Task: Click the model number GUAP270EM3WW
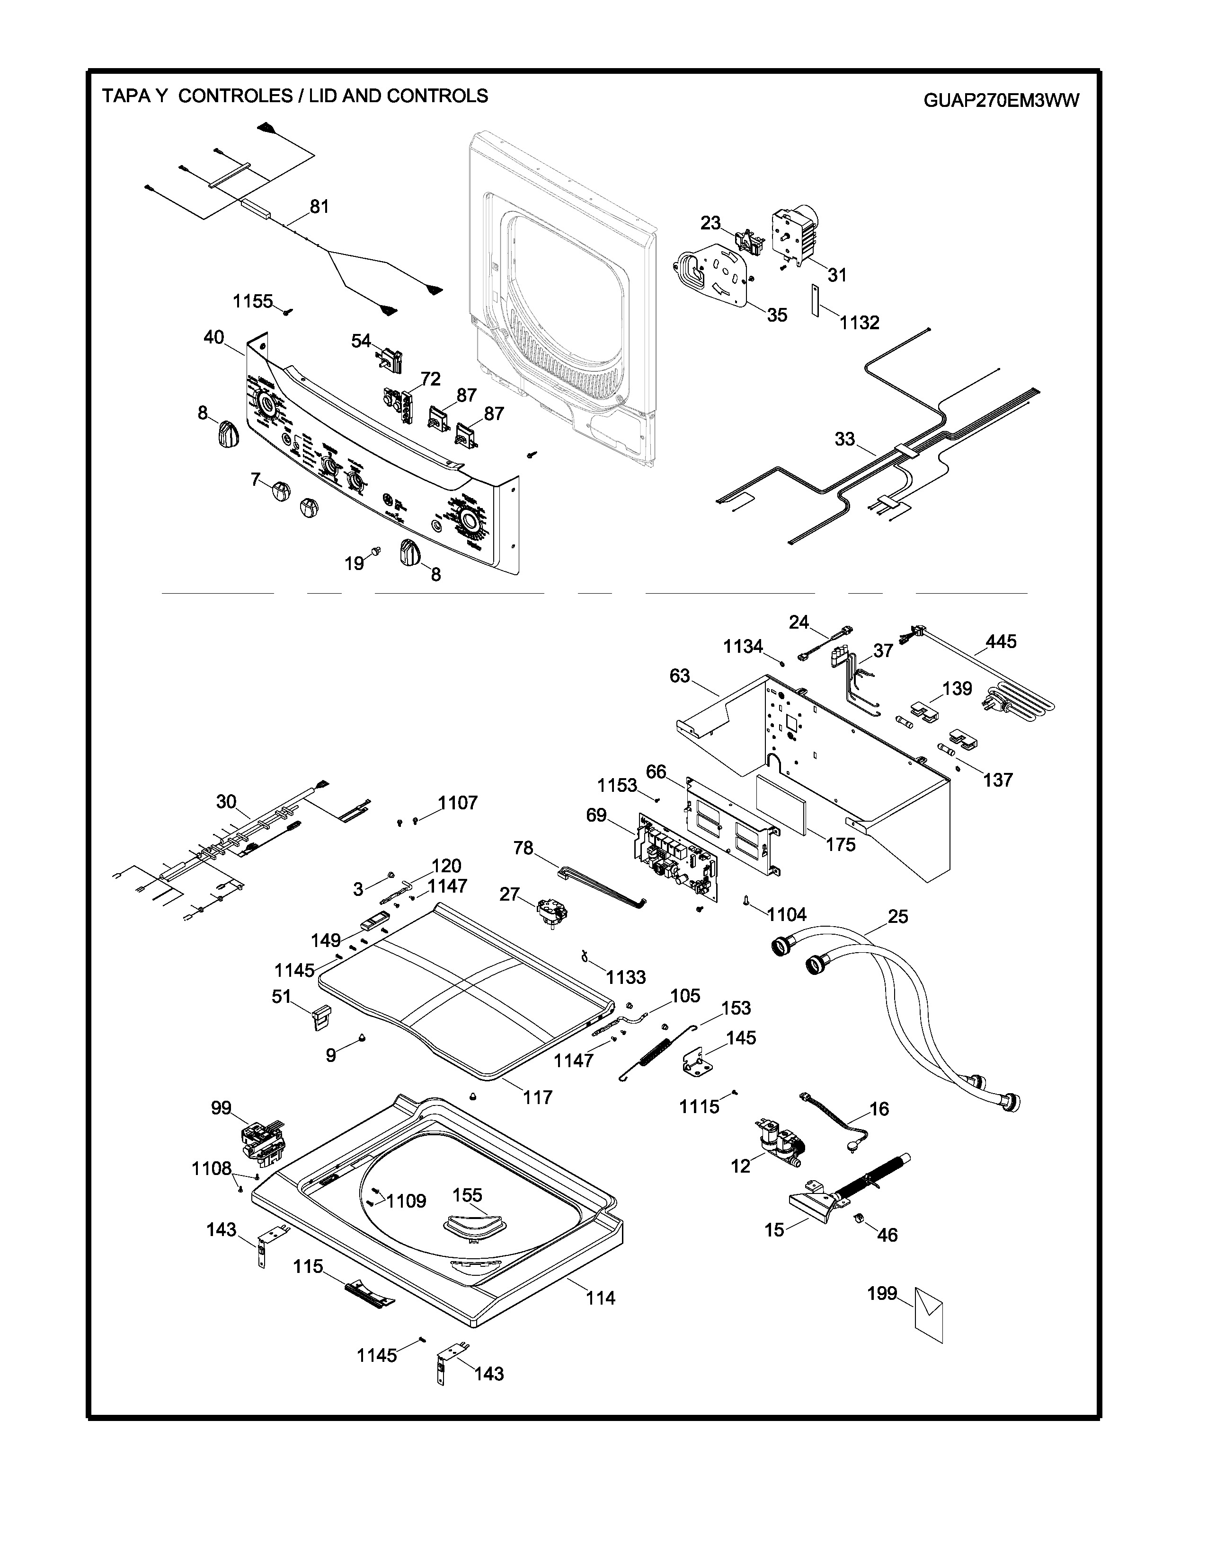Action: [x=1001, y=100]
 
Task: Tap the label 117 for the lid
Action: [x=537, y=1097]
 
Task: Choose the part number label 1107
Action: [x=458, y=803]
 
